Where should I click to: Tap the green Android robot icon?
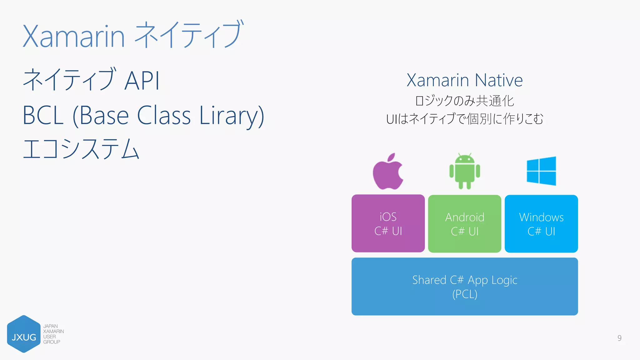point(465,171)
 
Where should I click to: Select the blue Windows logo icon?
point(541,171)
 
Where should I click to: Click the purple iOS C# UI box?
point(388,223)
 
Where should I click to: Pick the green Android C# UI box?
point(464,224)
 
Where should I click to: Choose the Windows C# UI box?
point(541,224)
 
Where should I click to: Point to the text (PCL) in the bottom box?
point(464,294)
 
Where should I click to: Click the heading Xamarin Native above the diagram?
point(464,80)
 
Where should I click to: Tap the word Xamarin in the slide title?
point(74,37)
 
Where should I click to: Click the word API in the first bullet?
point(142,81)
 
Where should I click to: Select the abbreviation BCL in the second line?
point(43,116)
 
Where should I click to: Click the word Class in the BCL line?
point(164,116)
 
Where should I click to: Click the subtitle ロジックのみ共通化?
point(464,101)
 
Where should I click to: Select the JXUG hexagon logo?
point(24,334)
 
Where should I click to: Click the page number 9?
point(619,338)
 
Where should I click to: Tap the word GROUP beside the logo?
point(52,342)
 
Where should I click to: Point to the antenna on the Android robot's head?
point(459,154)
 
